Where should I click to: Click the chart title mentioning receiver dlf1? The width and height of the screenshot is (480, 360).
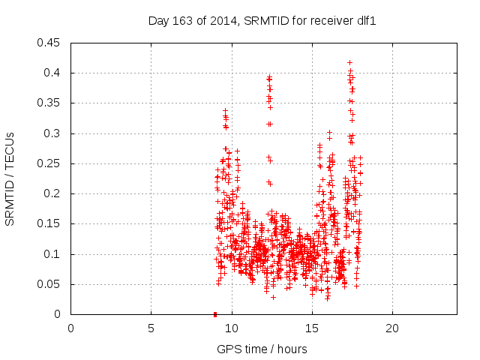262,21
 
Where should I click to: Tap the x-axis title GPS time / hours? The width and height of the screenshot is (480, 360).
262,349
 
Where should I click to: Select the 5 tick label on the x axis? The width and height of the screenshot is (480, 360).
151,328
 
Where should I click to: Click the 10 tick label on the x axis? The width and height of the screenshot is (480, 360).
231,328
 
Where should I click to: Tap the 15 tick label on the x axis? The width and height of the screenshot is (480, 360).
311,328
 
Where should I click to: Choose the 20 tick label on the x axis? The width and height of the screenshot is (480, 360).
391,328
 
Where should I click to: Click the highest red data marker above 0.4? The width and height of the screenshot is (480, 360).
349,62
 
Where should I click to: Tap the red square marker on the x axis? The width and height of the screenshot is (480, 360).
215,313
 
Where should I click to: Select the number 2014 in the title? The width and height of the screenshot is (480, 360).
213,21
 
